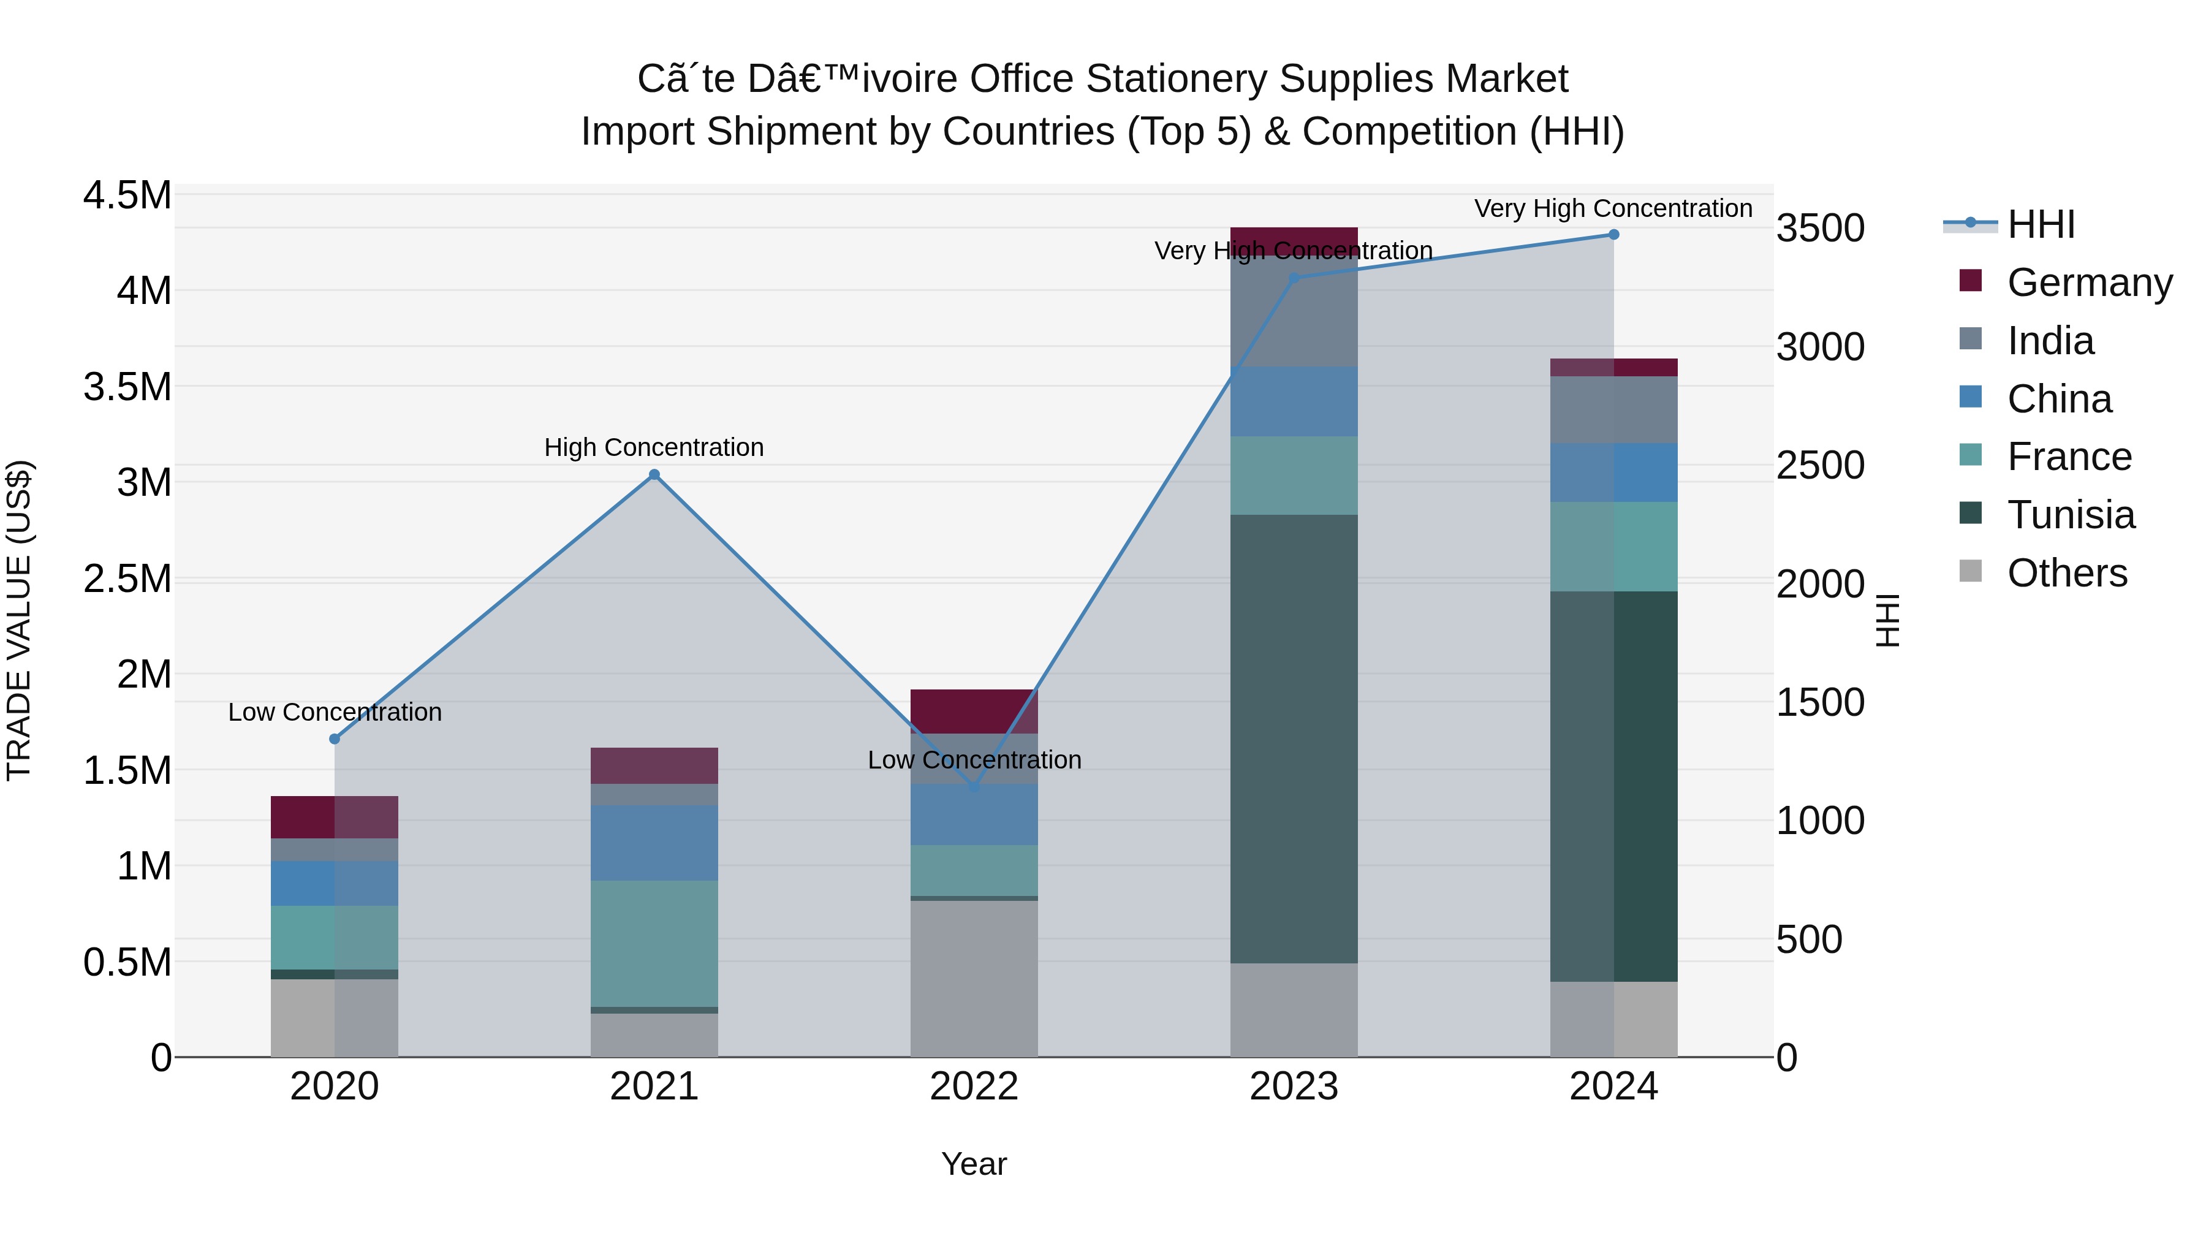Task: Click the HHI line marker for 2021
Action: pyautogui.click(x=654, y=474)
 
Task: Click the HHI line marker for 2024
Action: pyautogui.click(x=1613, y=235)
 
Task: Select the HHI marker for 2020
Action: pyautogui.click(x=335, y=738)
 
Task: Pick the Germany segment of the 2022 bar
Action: pyautogui.click(x=974, y=711)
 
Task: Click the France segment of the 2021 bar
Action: pyautogui.click(x=654, y=943)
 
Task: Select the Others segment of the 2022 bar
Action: pyautogui.click(x=974, y=978)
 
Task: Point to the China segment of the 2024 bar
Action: pyautogui.click(x=1613, y=472)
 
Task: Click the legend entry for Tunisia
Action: pyautogui.click(x=2070, y=515)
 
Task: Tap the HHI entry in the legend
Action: pyautogui.click(x=2040, y=224)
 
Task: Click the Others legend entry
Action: pyautogui.click(x=2066, y=573)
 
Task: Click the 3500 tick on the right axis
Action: pyautogui.click(x=1820, y=229)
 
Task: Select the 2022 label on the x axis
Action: pyautogui.click(x=974, y=1087)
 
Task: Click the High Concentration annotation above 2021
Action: pyautogui.click(x=654, y=447)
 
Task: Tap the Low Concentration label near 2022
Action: pyautogui.click(x=974, y=760)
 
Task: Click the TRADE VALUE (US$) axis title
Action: pyautogui.click(x=19, y=620)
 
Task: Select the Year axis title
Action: pyautogui.click(x=974, y=1164)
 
